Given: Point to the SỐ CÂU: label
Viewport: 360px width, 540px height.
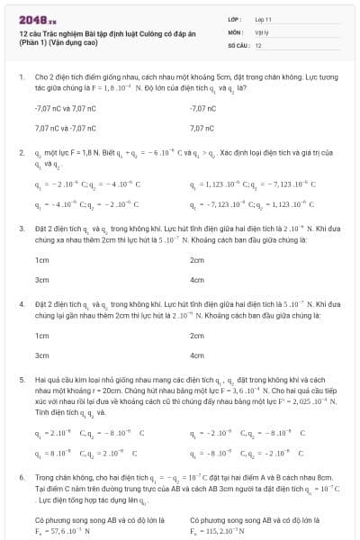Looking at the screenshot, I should pos(238,44).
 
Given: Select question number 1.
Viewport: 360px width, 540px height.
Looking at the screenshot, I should pos(21,79).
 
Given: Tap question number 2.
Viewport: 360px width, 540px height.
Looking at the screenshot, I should pos(21,154).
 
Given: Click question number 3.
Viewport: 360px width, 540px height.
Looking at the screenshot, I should pos(21,229).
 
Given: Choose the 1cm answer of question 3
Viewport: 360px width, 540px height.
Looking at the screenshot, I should pos(40,259).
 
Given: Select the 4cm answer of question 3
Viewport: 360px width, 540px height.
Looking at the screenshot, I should pos(197,280).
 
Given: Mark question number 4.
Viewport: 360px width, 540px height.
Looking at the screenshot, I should pos(21,305).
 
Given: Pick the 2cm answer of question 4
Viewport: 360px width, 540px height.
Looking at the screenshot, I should pos(197,335).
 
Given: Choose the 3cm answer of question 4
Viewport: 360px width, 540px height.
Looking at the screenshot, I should pos(40,355).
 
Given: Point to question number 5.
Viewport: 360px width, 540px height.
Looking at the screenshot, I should pos(21,381).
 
